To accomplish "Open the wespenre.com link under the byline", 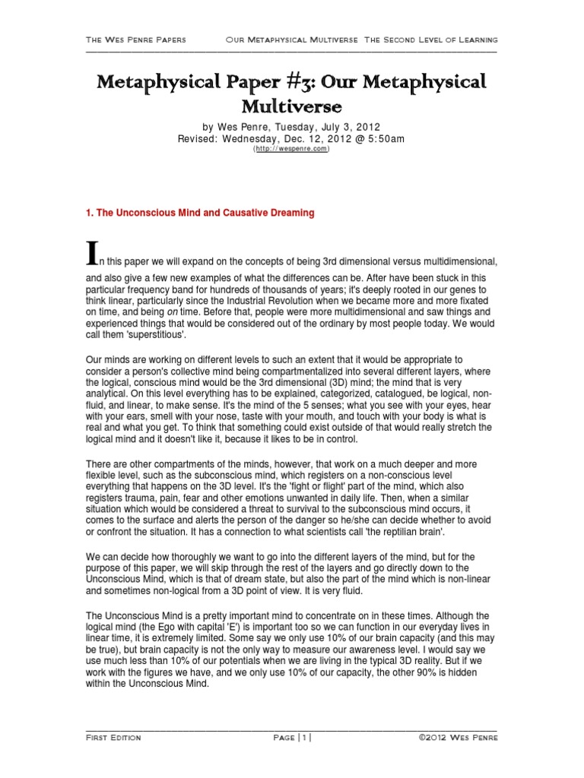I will point(291,150).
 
